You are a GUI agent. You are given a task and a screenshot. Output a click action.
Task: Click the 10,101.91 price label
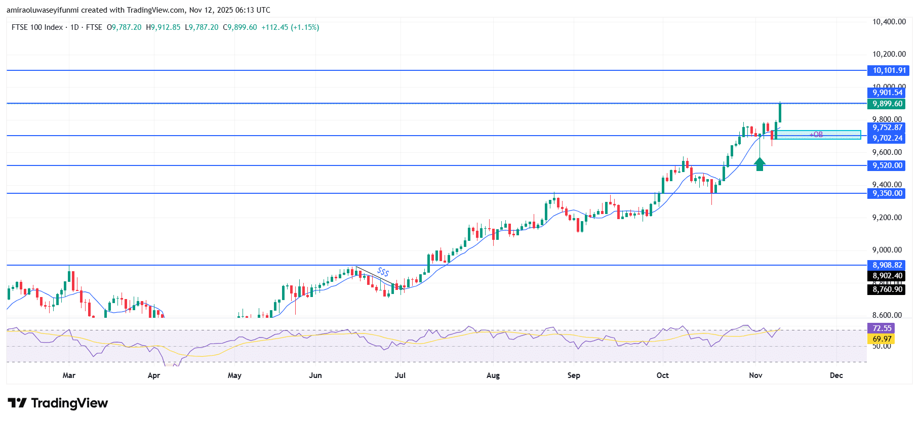(889, 70)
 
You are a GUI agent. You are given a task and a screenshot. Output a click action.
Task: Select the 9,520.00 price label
(887, 165)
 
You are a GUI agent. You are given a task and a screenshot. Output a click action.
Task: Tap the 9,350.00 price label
(887, 193)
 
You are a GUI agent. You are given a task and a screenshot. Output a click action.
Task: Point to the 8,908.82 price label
(887, 265)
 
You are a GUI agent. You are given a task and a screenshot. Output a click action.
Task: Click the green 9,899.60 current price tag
(887, 104)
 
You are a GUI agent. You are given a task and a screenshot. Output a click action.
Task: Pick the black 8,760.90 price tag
(887, 289)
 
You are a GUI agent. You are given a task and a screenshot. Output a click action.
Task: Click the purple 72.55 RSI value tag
(882, 328)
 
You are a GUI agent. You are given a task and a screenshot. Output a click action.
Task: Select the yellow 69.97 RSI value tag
(882, 339)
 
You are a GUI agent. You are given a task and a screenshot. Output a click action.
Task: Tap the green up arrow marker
(760, 164)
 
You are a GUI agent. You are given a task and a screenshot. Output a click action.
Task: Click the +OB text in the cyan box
(816, 135)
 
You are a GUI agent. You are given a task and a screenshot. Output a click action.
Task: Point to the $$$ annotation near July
(383, 272)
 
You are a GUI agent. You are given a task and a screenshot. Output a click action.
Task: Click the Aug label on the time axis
(493, 375)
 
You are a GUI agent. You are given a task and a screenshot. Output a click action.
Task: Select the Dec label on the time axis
(836, 375)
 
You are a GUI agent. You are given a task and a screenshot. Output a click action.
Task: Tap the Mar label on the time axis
(69, 375)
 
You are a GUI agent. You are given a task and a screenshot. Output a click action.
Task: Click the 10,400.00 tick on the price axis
(889, 22)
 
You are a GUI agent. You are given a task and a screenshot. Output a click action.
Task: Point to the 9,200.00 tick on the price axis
(887, 218)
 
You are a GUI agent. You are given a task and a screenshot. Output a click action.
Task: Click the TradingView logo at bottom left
(58, 403)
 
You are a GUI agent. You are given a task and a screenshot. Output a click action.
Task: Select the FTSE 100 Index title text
(37, 27)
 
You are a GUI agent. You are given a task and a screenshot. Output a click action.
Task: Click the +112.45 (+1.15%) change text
(290, 27)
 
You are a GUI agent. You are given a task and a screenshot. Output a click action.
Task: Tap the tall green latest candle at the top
(780, 112)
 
